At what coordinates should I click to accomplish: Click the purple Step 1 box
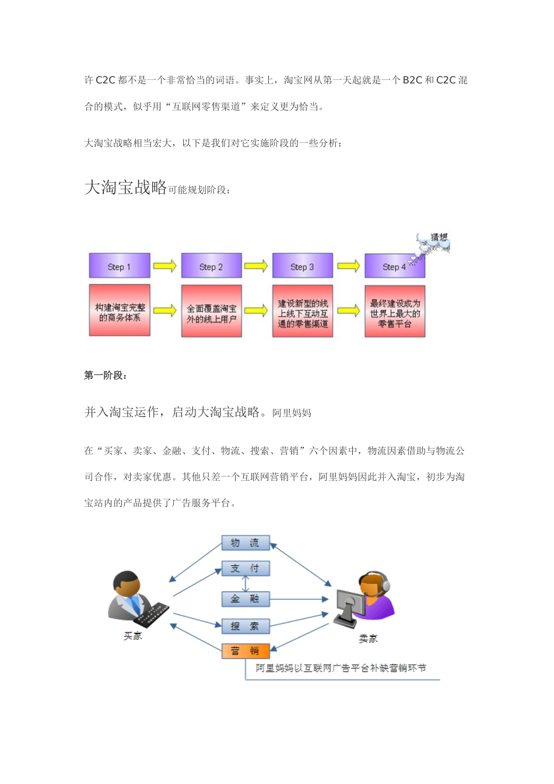coord(120,266)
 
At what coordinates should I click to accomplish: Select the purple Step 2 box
coord(211,266)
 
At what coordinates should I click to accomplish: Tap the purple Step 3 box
coord(302,266)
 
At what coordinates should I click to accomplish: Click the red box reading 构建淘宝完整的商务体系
coord(120,311)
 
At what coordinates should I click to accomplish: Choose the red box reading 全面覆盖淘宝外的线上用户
coord(211,311)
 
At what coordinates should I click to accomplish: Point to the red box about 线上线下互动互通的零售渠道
coord(303,311)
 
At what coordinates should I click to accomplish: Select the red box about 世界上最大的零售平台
coord(395,311)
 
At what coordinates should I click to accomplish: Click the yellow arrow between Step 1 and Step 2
coord(165,266)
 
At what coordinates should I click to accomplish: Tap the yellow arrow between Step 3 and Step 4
coord(348,266)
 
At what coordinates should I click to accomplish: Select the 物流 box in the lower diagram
coord(245,543)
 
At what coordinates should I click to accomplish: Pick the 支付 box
coord(245,568)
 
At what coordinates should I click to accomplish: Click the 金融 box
coord(245,598)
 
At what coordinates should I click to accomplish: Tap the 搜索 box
coord(245,626)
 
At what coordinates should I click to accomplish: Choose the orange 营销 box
coord(245,651)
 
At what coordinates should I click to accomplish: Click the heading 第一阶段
coord(106,375)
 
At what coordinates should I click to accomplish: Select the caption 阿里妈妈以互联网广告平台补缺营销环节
coord(341,668)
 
